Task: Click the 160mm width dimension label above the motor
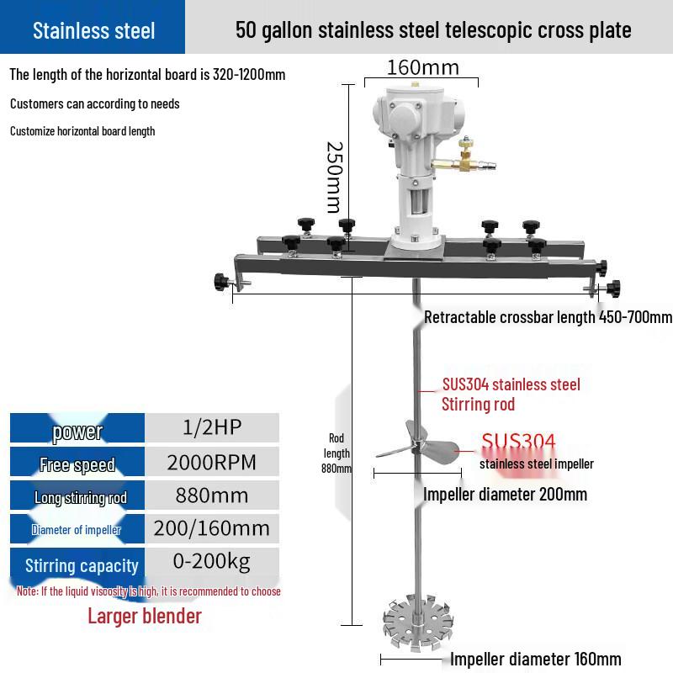(x=423, y=68)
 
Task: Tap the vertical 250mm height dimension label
(x=335, y=178)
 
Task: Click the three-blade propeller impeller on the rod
(x=417, y=444)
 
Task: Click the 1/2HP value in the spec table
(x=212, y=427)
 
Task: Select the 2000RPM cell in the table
(x=212, y=462)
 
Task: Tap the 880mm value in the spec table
(x=212, y=495)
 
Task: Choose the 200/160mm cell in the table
(x=212, y=528)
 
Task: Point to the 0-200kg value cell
(x=212, y=561)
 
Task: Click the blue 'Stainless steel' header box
(x=93, y=27)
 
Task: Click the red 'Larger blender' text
(x=145, y=616)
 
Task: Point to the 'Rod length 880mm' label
(x=336, y=453)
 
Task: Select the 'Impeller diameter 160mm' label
(x=536, y=659)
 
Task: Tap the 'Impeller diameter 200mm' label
(x=506, y=494)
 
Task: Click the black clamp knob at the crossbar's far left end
(x=222, y=282)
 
